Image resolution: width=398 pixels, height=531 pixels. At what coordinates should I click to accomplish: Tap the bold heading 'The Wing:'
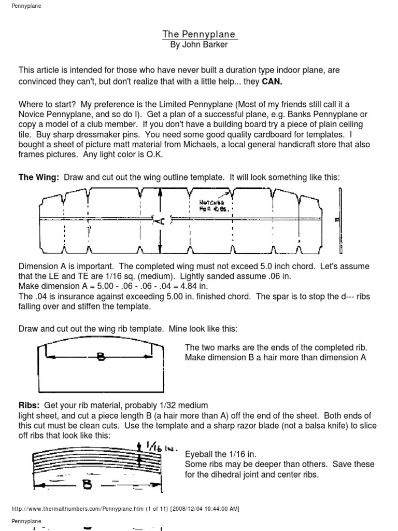(39, 177)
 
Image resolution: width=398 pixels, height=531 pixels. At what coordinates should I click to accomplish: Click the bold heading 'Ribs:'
(30, 405)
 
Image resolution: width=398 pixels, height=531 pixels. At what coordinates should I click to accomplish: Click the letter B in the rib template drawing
(100, 356)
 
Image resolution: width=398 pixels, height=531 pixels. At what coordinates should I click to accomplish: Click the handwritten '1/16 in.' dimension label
(156, 445)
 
